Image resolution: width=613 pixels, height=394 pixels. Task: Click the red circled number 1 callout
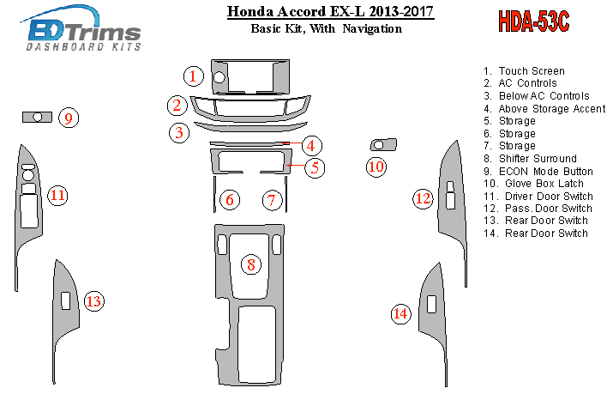point(194,76)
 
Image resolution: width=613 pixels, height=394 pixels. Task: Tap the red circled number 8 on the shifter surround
point(251,264)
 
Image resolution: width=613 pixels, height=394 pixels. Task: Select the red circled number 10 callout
point(376,167)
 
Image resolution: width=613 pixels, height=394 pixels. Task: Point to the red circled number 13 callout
point(93,301)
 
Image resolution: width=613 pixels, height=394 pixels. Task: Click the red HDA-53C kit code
point(533,21)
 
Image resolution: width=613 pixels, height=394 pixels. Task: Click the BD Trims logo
point(83,28)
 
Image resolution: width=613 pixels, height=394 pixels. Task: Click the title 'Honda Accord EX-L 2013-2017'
point(330,11)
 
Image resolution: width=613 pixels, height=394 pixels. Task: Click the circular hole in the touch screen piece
point(219,77)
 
